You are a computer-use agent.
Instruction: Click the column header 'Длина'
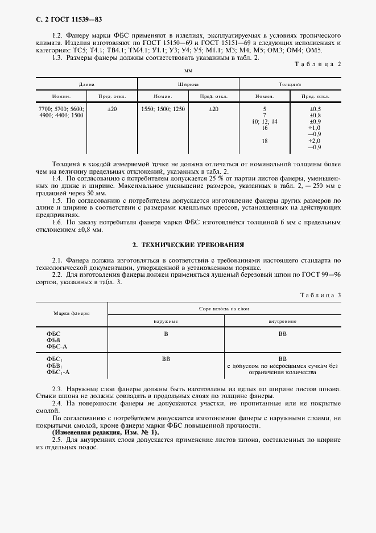pos(86,84)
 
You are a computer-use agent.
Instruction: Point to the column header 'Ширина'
pos(188,84)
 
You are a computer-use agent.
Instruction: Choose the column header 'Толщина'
pos(290,84)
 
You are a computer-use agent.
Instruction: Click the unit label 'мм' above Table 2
pos(188,71)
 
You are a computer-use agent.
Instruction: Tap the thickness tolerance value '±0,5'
pos(315,109)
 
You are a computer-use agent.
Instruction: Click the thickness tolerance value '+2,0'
pos(315,141)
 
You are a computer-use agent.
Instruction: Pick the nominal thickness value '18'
pos(264,141)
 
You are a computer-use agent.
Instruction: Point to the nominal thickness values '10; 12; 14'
pos(265,122)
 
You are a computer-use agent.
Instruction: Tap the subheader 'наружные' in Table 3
pos(166,321)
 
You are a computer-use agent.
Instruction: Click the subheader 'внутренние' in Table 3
pos(282,321)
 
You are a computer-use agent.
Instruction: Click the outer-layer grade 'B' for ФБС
pos(166,334)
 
